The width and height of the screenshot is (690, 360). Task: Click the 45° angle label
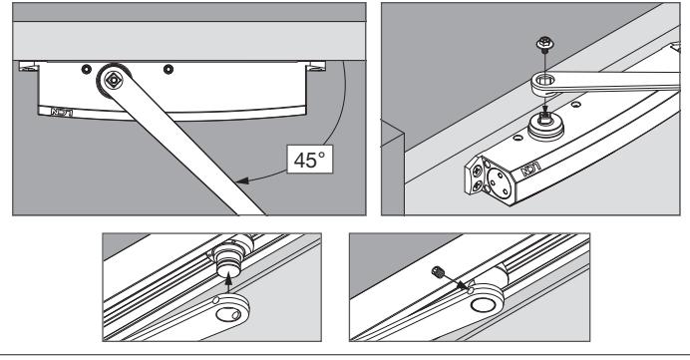click(310, 159)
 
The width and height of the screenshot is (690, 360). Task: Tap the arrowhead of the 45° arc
click(241, 180)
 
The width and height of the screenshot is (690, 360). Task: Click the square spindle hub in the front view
click(113, 80)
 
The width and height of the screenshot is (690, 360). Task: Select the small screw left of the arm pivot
click(86, 69)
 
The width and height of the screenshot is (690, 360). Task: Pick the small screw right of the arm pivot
click(169, 69)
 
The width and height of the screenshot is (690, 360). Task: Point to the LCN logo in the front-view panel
click(62, 112)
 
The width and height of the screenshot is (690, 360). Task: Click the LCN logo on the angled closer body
click(531, 169)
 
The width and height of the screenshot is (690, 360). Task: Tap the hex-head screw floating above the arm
click(544, 45)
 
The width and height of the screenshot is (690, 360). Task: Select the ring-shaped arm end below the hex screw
click(545, 83)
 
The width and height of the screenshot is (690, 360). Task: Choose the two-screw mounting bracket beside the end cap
click(475, 176)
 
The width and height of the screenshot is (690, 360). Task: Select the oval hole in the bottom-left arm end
click(228, 314)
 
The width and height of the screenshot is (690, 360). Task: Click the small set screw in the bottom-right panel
click(437, 271)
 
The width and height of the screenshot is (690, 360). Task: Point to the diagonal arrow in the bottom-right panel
click(453, 280)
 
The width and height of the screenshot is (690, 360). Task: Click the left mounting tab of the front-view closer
click(29, 67)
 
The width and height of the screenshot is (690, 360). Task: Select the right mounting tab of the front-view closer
click(315, 67)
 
